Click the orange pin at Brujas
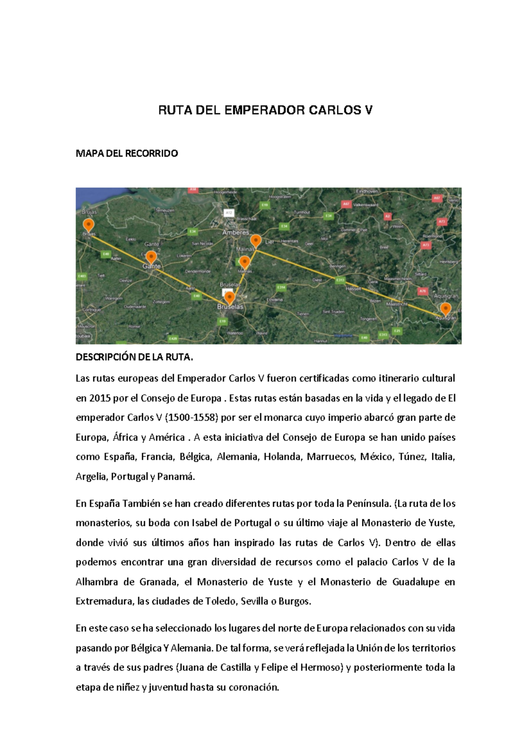tap(88, 225)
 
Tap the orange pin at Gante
tap(151, 257)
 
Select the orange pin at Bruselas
tap(229, 297)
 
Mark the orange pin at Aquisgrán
tap(445, 308)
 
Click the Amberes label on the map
tap(235, 232)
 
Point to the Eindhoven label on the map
tap(367, 191)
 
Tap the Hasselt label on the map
tap(354, 288)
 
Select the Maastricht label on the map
tap(396, 304)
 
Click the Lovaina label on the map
tap(274, 299)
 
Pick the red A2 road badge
tap(388, 217)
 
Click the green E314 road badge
tap(281, 287)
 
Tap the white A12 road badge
tap(229, 213)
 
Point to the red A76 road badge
tap(423, 291)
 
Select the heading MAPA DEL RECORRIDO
tap(127, 154)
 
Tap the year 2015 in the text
tap(100, 398)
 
